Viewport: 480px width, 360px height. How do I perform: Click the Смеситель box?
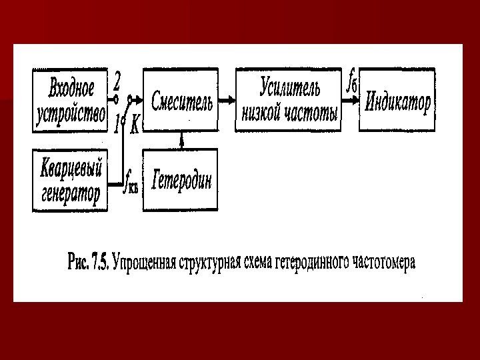click(x=181, y=100)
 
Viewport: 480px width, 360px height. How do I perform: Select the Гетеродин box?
click(x=181, y=180)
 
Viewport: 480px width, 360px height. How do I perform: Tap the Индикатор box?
click(x=397, y=100)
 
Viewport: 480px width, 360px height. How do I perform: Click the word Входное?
click(x=71, y=87)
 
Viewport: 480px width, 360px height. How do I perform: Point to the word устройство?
click(x=71, y=113)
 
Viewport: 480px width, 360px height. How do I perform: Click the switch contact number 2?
click(x=117, y=81)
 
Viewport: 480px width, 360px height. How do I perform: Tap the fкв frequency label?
click(x=131, y=180)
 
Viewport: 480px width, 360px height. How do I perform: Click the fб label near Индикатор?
click(x=351, y=83)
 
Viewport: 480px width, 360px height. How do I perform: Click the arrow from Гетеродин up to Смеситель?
click(x=181, y=140)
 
